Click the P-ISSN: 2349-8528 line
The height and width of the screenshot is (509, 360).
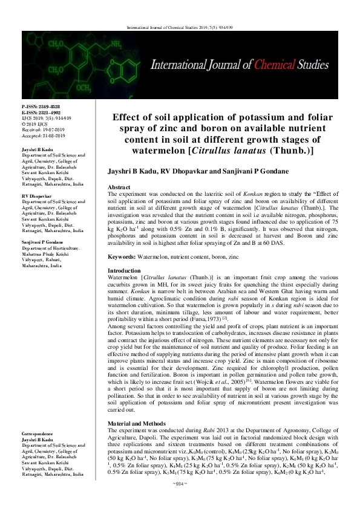[x=41, y=106]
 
